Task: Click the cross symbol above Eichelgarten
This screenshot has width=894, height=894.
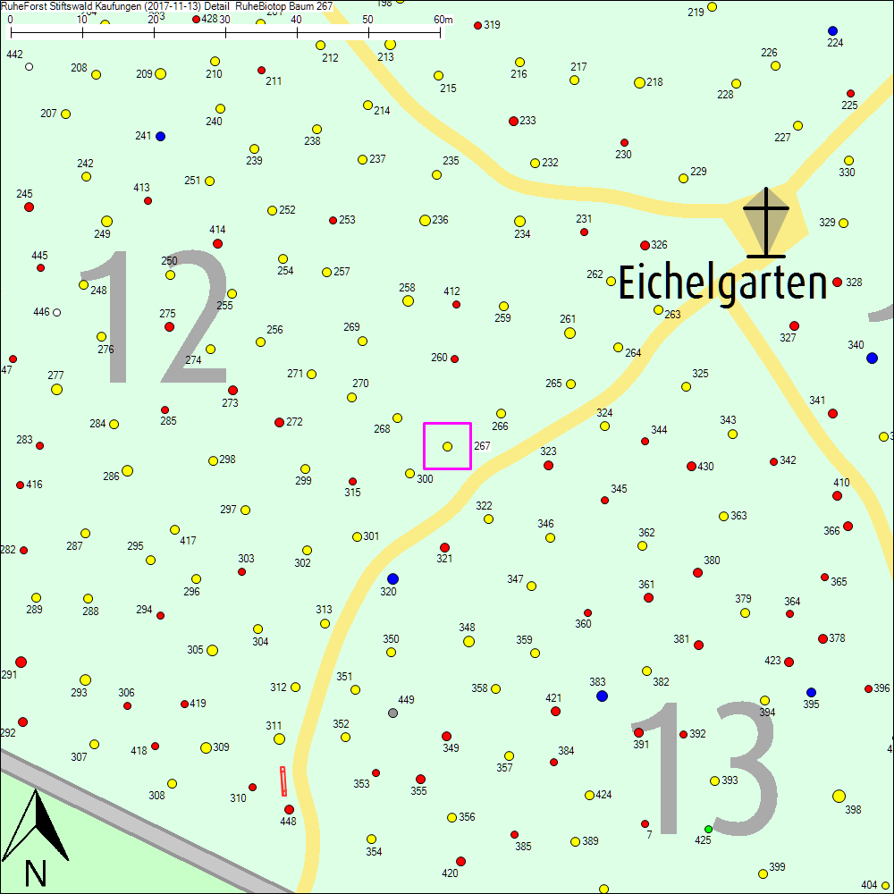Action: coord(766,221)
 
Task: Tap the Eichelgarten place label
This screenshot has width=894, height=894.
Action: coord(722,284)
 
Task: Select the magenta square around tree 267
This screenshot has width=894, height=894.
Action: coord(447,446)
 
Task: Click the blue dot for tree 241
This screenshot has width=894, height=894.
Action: coord(161,136)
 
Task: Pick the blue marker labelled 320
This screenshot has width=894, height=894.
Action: coord(392,578)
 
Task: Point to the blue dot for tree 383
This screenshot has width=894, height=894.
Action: coord(602,696)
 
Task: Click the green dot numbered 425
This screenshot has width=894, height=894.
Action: coord(708,830)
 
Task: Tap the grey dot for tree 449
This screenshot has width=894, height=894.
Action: coord(392,713)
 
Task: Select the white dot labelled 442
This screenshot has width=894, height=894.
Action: coord(29,66)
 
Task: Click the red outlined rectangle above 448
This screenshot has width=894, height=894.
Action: coord(283,780)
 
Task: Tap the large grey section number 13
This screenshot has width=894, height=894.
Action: coord(705,770)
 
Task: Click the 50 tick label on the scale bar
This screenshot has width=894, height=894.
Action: coord(367,20)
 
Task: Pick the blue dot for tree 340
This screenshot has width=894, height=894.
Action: coord(872,358)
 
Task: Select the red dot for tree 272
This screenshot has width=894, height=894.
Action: coord(279,422)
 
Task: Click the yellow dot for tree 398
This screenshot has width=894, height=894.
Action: coord(839,796)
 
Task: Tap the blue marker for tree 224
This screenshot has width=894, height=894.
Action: coord(832,30)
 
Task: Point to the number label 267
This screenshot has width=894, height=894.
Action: coord(482,445)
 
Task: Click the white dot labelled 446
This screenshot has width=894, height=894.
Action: coord(56,312)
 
